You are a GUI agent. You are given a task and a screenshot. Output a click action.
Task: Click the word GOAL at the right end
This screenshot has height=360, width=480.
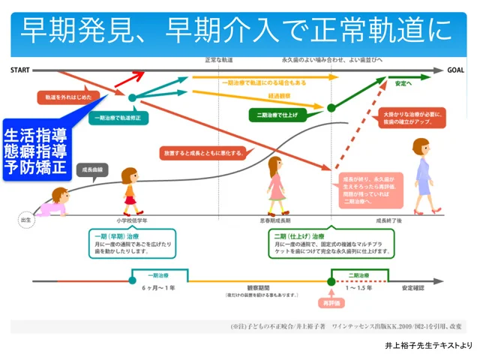click(x=456, y=70)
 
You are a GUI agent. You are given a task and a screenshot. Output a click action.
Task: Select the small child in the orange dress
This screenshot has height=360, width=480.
click(x=132, y=191)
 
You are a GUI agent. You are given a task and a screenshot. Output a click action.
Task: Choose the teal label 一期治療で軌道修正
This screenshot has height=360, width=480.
click(x=119, y=118)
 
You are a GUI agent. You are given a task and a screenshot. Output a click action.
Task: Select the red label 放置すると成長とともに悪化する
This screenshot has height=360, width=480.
click(x=202, y=153)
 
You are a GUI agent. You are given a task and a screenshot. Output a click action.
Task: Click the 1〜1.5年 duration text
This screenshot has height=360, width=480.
click(x=358, y=288)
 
